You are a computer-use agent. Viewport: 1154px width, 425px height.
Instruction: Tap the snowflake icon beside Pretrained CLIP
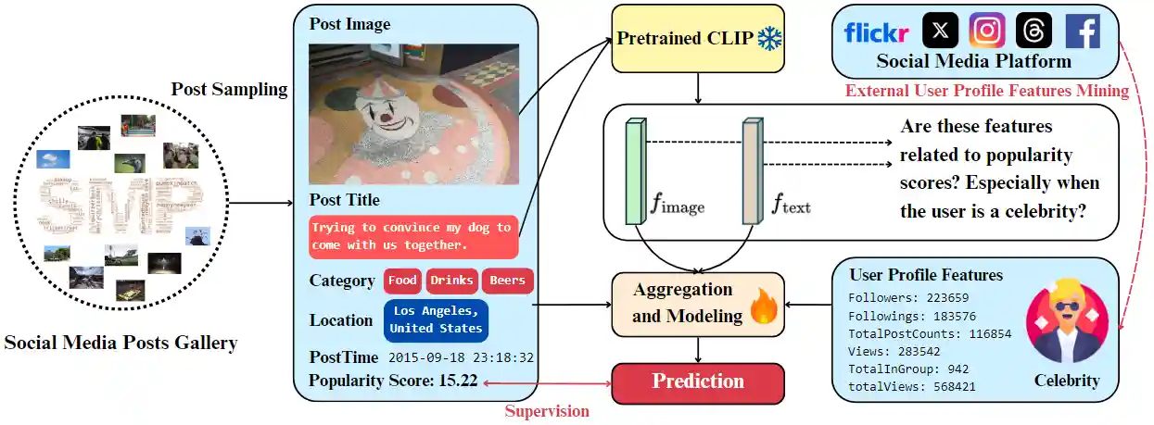(769, 40)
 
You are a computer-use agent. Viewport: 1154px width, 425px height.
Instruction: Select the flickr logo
(876, 32)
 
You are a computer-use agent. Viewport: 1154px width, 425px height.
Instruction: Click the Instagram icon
(986, 31)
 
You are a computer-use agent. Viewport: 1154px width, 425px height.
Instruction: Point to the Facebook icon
(1082, 31)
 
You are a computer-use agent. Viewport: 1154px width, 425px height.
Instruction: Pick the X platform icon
(940, 31)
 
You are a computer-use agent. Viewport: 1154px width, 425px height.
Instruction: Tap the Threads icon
(1034, 31)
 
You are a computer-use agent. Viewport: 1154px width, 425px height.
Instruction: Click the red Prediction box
(697, 381)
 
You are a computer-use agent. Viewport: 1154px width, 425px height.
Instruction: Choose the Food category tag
(402, 281)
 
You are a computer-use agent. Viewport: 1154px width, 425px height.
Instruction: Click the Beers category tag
(507, 281)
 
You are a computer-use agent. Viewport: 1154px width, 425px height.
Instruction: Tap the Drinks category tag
(451, 281)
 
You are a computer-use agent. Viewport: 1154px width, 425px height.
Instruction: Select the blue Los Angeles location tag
(436, 320)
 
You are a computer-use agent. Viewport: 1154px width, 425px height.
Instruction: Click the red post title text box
(412, 237)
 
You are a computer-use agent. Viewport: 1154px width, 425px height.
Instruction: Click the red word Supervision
(546, 411)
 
